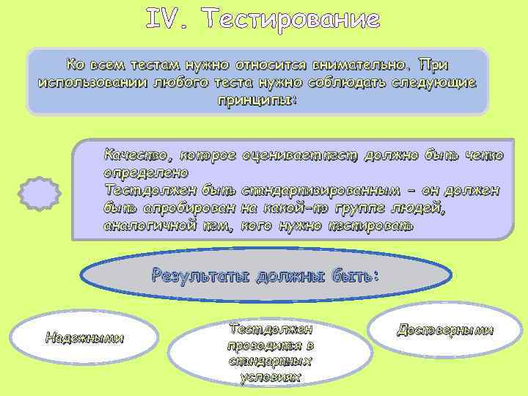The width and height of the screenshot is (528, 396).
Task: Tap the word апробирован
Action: coord(194,208)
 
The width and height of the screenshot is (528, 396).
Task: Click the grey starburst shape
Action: coord(39,194)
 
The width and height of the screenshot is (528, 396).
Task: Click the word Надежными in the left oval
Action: coord(84,338)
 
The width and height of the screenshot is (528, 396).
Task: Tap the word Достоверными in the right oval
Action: coord(445,331)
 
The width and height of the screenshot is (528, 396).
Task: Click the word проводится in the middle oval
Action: coord(271,345)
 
